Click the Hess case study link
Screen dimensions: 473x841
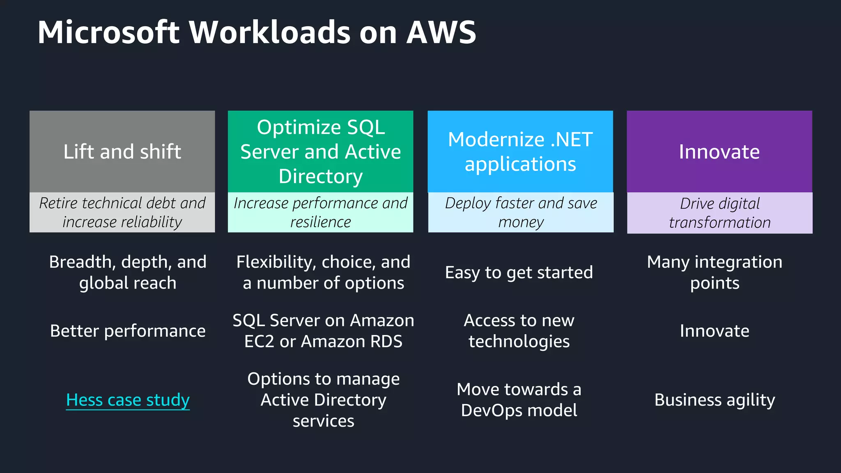click(x=128, y=400)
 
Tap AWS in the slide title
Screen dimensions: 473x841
click(x=441, y=32)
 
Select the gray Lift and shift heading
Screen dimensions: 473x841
click(x=122, y=152)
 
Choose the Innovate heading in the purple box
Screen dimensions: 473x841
click(x=719, y=152)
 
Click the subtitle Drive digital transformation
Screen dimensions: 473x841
click(x=719, y=213)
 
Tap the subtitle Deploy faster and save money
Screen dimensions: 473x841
click(x=521, y=212)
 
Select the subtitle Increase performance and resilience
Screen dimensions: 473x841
click(x=320, y=212)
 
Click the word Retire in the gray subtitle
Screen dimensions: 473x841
click(x=58, y=203)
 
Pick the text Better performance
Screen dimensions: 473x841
click(x=128, y=331)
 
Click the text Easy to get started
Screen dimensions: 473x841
click(x=519, y=273)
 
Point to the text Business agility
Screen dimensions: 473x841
click(x=715, y=400)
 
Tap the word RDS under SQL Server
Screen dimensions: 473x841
click(x=386, y=342)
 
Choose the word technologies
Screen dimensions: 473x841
click(x=519, y=342)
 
